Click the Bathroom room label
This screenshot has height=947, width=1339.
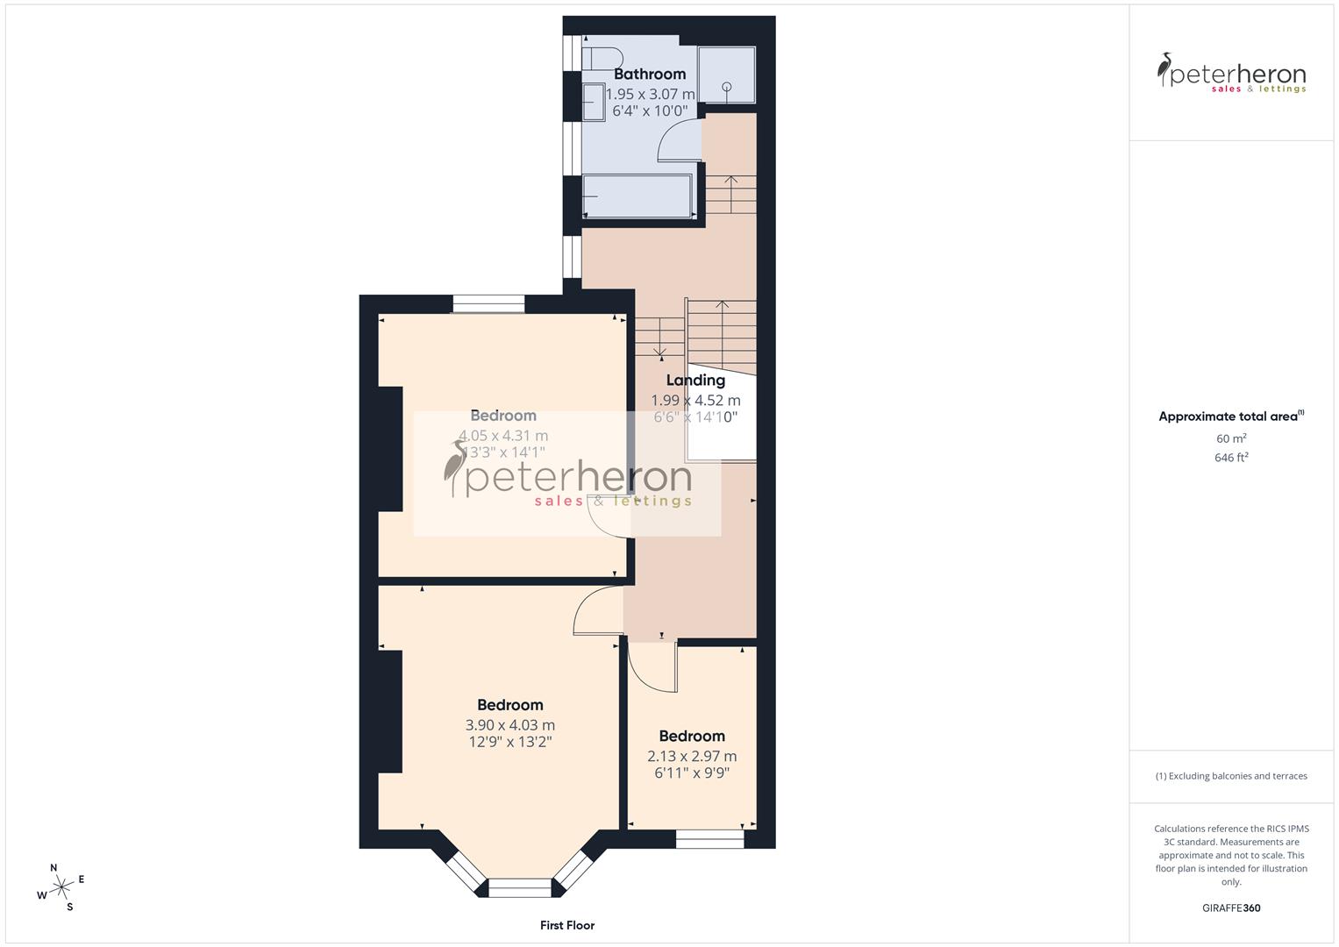650,75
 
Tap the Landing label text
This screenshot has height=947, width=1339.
695,381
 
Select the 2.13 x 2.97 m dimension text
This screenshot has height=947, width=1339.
692,756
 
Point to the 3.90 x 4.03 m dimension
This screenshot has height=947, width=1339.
510,725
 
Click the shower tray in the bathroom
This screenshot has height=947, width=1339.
726,75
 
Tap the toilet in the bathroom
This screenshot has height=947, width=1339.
601,59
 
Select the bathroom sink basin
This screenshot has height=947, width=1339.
594,101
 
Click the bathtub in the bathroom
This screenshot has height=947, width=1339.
637,195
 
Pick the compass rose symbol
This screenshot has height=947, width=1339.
61,887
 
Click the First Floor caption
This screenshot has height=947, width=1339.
567,925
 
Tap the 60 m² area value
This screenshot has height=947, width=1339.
1231,438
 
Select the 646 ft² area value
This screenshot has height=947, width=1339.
1231,458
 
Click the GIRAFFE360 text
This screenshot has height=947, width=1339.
1231,908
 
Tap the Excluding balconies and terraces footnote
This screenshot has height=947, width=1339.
1231,776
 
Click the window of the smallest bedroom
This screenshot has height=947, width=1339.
709,839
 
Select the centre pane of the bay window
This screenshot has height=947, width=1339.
520,888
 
